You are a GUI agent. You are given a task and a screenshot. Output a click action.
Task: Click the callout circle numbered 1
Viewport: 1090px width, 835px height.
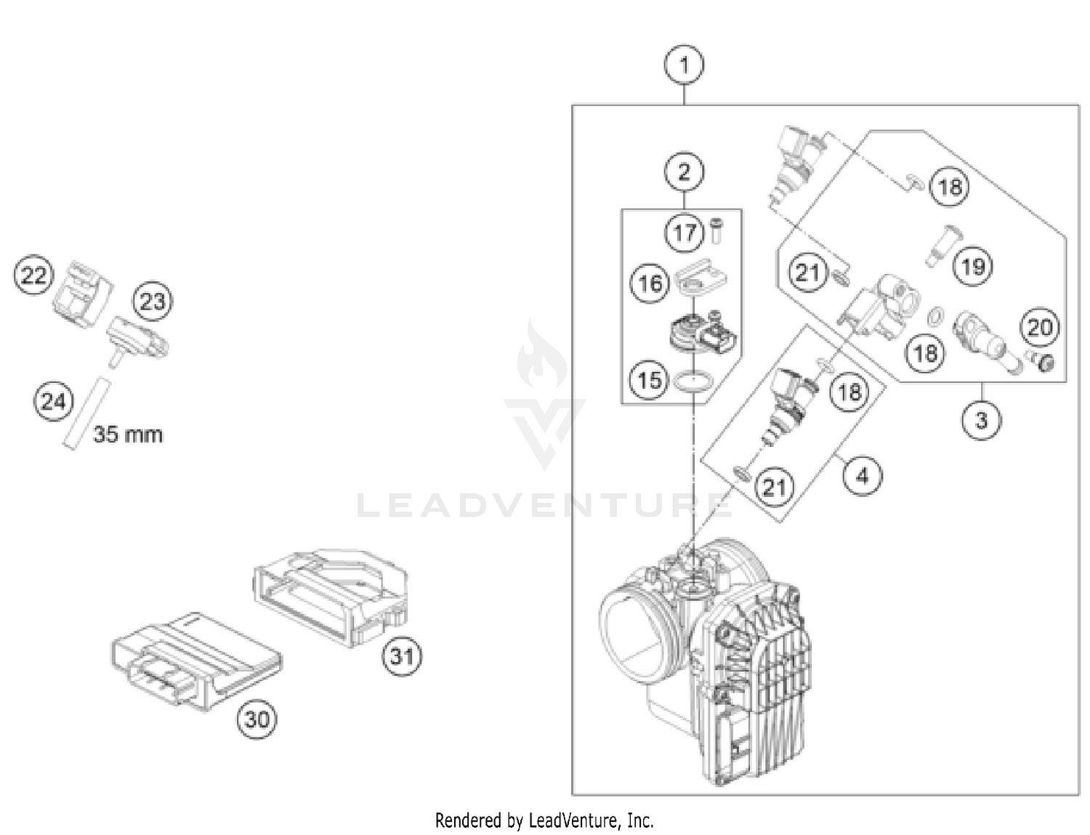(684, 65)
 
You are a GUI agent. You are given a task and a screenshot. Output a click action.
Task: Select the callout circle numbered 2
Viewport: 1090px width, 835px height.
(684, 172)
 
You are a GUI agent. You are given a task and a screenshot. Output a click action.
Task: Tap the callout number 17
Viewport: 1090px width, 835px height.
(685, 233)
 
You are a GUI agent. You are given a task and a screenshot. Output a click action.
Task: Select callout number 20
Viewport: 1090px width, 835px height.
(1039, 327)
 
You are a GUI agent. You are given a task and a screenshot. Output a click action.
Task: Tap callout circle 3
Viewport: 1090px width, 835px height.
(981, 420)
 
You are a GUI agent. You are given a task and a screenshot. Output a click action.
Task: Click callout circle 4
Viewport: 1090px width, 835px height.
(862, 476)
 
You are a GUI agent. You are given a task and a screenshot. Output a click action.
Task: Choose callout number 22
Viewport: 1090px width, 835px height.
(33, 275)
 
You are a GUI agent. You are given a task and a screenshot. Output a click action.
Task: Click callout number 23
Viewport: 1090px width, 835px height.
(153, 301)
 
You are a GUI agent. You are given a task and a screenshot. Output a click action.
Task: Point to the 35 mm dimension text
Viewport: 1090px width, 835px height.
(128, 435)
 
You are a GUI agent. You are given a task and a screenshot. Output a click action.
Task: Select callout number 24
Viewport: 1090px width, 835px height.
(54, 401)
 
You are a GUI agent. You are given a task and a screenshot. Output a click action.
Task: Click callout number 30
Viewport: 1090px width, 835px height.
(256, 719)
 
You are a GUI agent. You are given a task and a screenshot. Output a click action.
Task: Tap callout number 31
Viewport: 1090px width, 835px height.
(402, 656)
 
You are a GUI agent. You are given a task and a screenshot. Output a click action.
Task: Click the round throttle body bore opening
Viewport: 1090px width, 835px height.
(634, 629)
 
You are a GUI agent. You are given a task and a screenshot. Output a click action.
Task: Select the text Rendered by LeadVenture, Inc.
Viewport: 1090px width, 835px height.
(544, 820)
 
